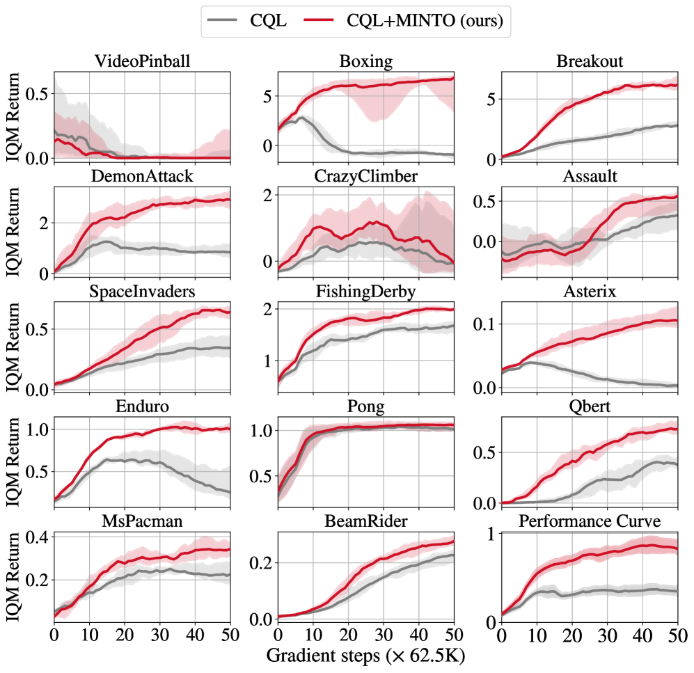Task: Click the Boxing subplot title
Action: tap(365, 61)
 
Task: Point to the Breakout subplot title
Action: tap(589, 61)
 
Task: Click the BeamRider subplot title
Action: tap(365, 523)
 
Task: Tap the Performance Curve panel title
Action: tap(589, 523)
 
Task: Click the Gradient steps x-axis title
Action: tap(365, 656)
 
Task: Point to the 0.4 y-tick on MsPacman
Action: tap(36, 537)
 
